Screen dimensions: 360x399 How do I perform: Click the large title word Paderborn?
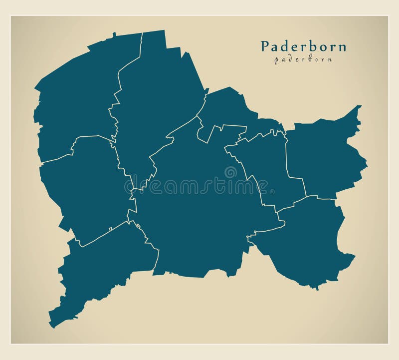click(x=303, y=46)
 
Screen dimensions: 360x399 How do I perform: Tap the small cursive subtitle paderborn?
click(x=303, y=59)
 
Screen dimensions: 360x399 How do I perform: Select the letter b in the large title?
click(x=310, y=46)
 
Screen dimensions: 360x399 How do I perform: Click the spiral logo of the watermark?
click(x=230, y=173)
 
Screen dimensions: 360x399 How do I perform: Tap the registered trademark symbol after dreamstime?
click(x=272, y=191)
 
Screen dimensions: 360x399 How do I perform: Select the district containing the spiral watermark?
click(x=199, y=210)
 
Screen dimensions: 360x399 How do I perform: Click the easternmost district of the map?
click(x=324, y=157)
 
